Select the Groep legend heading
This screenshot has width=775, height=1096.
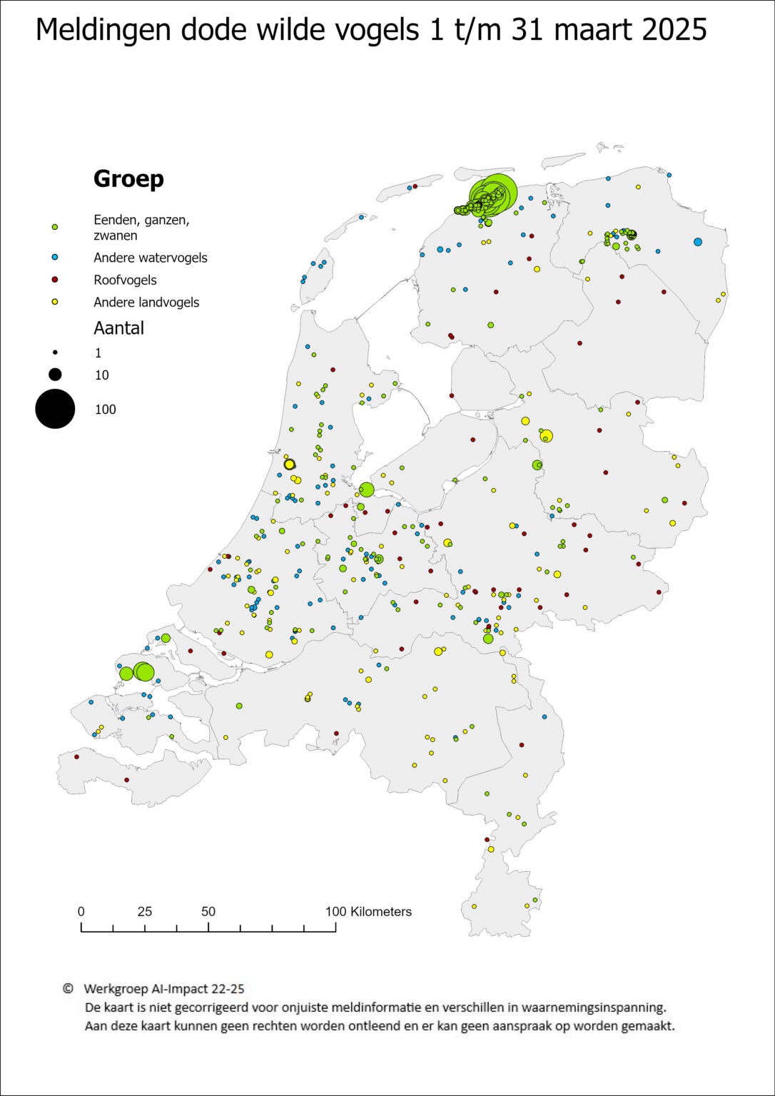(128, 178)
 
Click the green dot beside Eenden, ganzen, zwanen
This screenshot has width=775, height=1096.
(55, 227)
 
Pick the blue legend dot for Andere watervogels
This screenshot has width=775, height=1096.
(55, 257)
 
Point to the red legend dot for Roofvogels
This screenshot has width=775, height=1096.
(55, 280)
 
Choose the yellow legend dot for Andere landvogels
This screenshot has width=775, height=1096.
(55, 302)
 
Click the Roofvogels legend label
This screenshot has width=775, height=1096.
(125, 280)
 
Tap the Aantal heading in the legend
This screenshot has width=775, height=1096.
(118, 328)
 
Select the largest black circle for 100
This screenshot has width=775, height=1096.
(55, 409)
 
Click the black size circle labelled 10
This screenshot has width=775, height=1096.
(55, 375)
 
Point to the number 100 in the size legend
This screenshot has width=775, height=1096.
(105, 410)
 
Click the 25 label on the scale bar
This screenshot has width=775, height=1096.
(144, 911)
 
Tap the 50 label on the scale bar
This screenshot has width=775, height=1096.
(208, 911)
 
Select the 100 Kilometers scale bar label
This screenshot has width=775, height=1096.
(368, 911)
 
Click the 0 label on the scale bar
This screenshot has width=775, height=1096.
(81, 911)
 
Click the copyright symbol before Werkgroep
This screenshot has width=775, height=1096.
(68, 988)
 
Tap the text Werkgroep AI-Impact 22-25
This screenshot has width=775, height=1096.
(163, 988)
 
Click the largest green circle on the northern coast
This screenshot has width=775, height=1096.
(493, 193)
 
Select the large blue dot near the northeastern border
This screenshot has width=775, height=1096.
(697, 242)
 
